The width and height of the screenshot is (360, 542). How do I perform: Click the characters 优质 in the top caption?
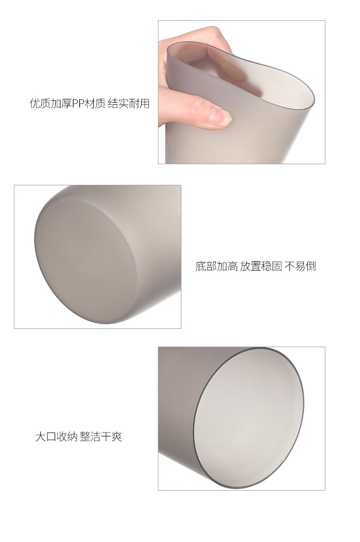pyautogui.click(x=40, y=103)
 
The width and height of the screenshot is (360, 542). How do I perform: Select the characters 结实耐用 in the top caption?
pyautogui.click(x=129, y=103)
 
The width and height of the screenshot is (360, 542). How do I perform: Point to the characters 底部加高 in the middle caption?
pyautogui.click(x=216, y=266)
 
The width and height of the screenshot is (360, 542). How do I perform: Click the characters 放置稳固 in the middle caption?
pyautogui.click(x=261, y=266)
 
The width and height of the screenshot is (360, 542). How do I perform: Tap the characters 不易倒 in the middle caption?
pyautogui.click(x=300, y=266)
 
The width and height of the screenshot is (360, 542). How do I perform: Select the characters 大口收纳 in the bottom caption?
pyautogui.click(x=56, y=436)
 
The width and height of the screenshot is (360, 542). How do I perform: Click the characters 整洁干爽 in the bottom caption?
pyautogui.click(x=101, y=436)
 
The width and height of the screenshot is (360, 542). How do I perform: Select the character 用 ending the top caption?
pyautogui.click(x=144, y=103)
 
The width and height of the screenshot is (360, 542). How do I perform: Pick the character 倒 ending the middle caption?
pyautogui.click(x=311, y=266)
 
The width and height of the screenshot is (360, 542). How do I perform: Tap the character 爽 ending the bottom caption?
pyautogui.click(x=117, y=436)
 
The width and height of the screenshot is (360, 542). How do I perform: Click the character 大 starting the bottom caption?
pyautogui.click(x=40, y=436)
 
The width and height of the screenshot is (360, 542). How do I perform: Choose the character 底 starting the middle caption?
pyautogui.click(x=201, y=266)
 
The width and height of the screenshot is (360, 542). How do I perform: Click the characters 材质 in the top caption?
pyautogui.click(x=95, y=103)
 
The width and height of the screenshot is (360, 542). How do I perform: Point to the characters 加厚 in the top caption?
pyautogui.click(x=61, y=103)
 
